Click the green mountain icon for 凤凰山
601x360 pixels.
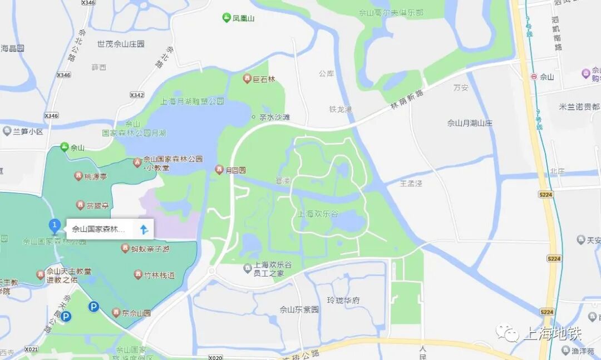226,18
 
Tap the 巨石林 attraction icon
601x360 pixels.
247,79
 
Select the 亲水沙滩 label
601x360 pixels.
275,117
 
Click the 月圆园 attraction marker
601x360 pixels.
220,170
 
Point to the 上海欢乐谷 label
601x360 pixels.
318,214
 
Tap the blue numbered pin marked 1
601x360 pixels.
55,225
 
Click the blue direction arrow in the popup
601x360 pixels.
144,229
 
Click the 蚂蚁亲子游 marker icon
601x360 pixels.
125,248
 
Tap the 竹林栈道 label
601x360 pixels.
159,275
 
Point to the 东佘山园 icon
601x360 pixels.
116,313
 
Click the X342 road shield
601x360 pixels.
136,95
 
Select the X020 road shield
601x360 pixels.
215,357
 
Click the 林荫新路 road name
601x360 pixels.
407,99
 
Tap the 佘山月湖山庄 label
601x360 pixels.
470,123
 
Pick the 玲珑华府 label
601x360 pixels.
343,300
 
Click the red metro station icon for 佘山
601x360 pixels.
534,77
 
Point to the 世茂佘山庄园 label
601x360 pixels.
121,44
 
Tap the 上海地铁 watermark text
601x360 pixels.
552,334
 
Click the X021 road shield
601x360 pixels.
32,349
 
